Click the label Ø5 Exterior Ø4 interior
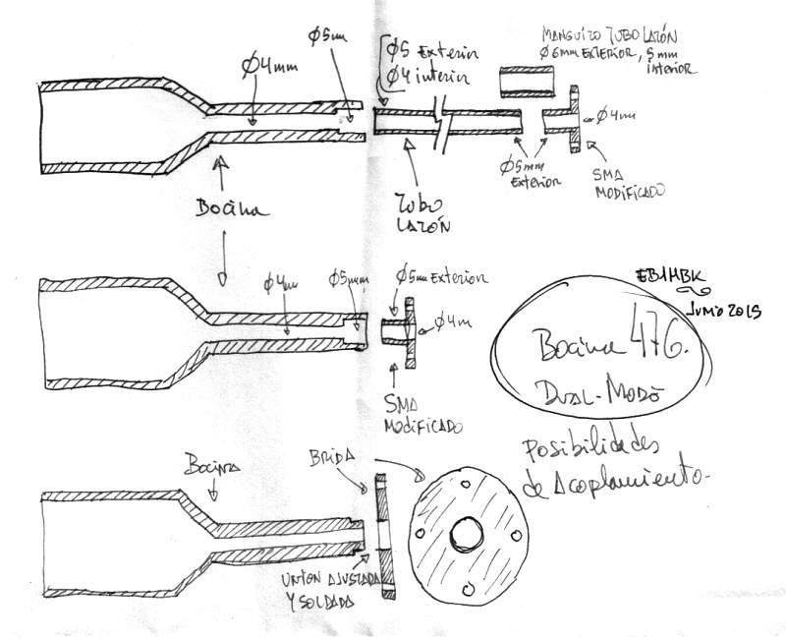422,62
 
